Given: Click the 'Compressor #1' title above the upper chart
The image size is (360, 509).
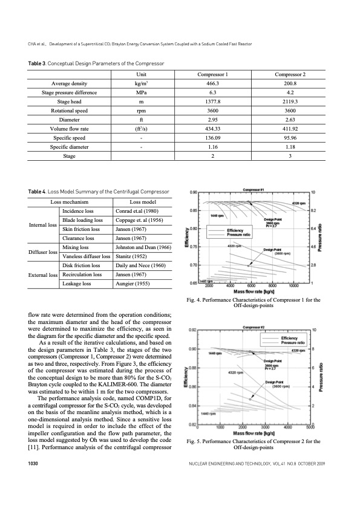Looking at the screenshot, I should [255, 189].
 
